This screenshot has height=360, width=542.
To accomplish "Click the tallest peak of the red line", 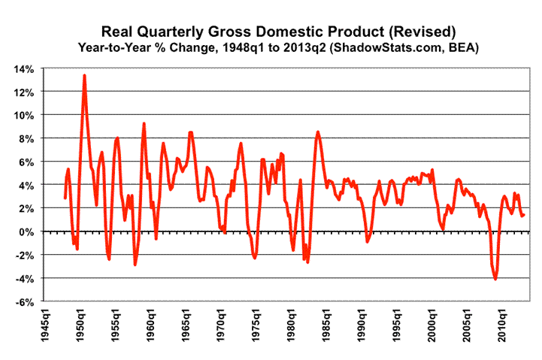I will coord(84,75).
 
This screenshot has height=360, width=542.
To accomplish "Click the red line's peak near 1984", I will coord(318,132).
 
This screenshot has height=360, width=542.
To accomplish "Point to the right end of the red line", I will coord(524,215).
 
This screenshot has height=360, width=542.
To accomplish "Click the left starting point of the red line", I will coord(65,198).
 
